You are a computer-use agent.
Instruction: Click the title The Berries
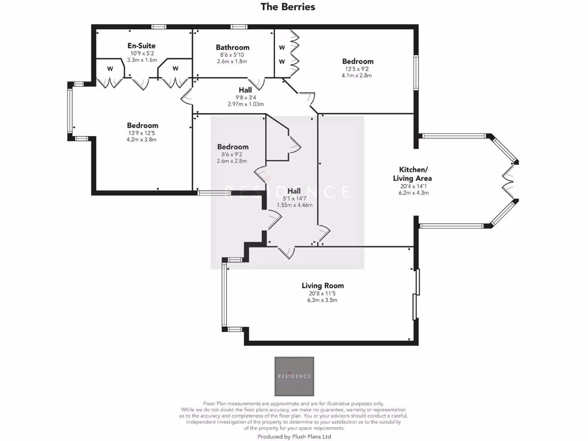pyautogui.click(x=288, y=7)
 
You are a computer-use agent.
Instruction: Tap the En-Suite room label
pyautogui.click(x=141, y=45)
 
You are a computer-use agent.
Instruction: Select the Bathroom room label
pyautogui.click(x=233, y=47)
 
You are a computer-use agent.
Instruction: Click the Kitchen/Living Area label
pyautogui.click(x=413, y=173)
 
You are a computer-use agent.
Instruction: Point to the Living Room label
pyautogui.click(x=323, y=285)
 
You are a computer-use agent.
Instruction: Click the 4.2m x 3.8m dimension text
pyautogui.click(x=142, y=140)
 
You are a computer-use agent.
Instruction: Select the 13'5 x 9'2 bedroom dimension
pyautogui.click(x=358, y=69)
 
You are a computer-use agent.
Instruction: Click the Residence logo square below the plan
pyautogui.click(x=294, y=376)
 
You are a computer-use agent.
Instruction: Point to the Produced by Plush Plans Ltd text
pyautogui.click(x=294, y=436)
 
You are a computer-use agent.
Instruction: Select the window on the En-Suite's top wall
pyautogui.click(x=159, y=26)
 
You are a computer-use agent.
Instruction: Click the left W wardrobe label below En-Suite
pyautogui.click(x=109, y=68)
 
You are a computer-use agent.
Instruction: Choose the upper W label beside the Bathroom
pyautogui.click(x=282, y=47)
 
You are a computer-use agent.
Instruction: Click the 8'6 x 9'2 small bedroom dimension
pyautogui.click(x=233, y=154)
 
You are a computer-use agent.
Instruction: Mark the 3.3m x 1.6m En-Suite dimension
pyautogui.click(x=141, y=60)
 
